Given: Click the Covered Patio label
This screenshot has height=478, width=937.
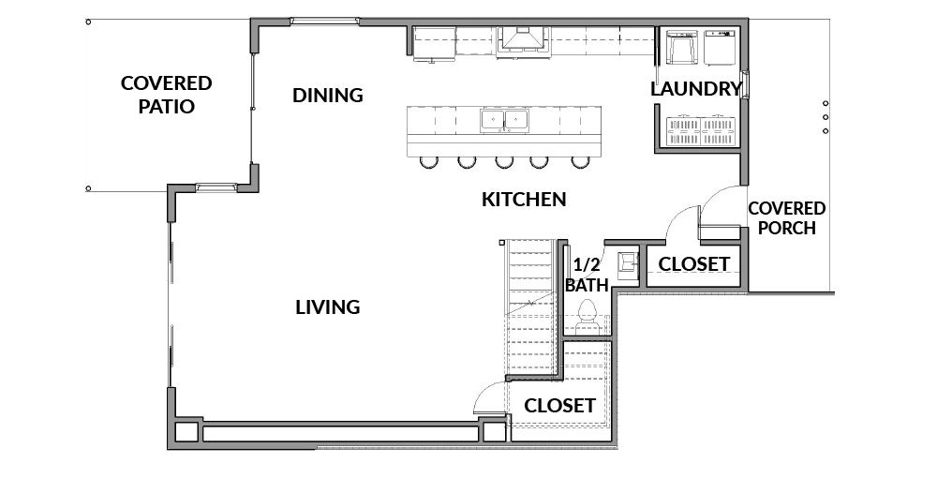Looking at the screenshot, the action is [x=166, y=95].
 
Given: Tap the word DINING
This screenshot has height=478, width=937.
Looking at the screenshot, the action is [x=327, y=95].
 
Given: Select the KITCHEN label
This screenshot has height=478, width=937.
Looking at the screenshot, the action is [x=524, y=200].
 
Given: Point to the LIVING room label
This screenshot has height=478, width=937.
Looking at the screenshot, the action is [x=327, y=307].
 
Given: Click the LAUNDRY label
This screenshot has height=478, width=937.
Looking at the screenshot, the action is [x=695, y=89].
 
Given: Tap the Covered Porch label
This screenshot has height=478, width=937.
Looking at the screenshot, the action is [x=786, y=218].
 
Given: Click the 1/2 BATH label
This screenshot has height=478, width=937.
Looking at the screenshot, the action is [x=587, y=275].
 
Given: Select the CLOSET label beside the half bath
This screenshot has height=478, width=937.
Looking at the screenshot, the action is [x=693, y=263].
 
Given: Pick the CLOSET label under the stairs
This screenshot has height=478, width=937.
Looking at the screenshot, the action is [x=559, y=406].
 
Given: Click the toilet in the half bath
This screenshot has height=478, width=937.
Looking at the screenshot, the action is [x=587, y=316].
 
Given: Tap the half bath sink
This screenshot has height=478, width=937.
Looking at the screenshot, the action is [x=628, y=262].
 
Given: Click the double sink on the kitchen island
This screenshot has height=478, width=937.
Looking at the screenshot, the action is [x=504, y=120].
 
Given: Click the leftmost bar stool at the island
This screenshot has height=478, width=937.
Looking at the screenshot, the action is [x=428, y=161].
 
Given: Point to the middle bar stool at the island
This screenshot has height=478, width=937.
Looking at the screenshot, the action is [x=504, y=161].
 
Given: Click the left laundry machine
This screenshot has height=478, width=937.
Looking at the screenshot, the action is [x=681, y=47].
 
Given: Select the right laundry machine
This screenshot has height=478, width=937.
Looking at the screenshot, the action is [x=719, y=47].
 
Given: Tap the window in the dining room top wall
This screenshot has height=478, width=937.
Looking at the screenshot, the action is [x=325, y=22].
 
